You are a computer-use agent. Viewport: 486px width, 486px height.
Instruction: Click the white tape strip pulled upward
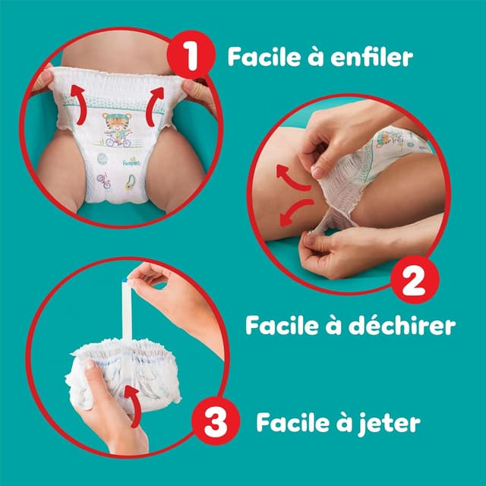(126, 319)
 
